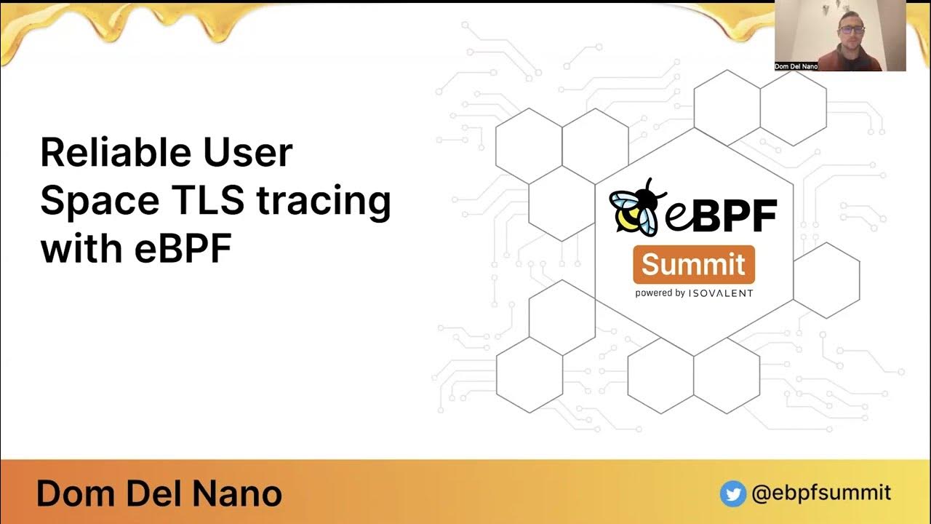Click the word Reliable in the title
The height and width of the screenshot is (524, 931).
[x=113, y=154]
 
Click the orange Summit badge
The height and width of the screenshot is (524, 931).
[x=693, y=265]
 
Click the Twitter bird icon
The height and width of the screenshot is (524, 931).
[x=733, y=494]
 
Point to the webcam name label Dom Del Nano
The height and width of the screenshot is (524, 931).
[x=796, y=66]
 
